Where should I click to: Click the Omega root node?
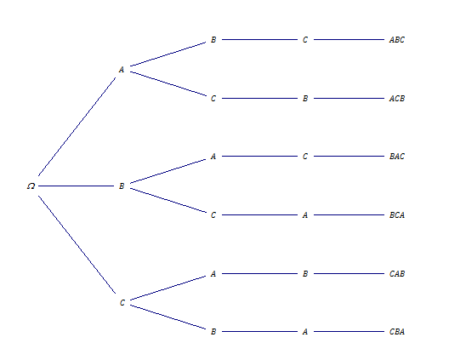pyautogui.click(x=31, y=186)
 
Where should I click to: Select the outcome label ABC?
pyautogui.click(x=397, y=39)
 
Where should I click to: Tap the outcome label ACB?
pyautogui.click(x=397, y=98)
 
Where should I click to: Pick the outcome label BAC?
pyautogui.click(x=397, y=157)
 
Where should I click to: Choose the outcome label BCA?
pyautogui.click(x=397, y=214)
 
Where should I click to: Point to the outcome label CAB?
pyautogui.click(x=397, y=273)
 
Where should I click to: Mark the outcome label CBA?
pyautogui.click(x=397, y=331)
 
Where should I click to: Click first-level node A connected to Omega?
pyautogui.click(x=122, y=69)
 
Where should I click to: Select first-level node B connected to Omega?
pyautogui.click(x=122, y=186)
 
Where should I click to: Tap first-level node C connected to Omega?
pyautogui.click(x=122, y=303)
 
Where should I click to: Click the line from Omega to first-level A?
pyautogui.click(x=77, y=127)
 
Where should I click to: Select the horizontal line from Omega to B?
pyautogui.click(x=76, y=186)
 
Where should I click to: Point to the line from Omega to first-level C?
pyautogui.click(x=77, y=244)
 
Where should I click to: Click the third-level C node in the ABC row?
pyautogui.click(x=305, y=39)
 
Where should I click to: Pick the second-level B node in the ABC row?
pyautogui.click(x=213, y=39)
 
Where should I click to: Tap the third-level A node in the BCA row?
pyautogui.click(x=305, y=214)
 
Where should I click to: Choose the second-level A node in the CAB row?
pyautogui.click(x=213, y=273)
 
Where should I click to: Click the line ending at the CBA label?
pyautogui.click(x=349, y=331)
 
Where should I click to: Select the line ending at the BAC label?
pyautogui.click(x=349, y=157)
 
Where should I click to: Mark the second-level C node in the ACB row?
pyautogui.click(x=213, y=98)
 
